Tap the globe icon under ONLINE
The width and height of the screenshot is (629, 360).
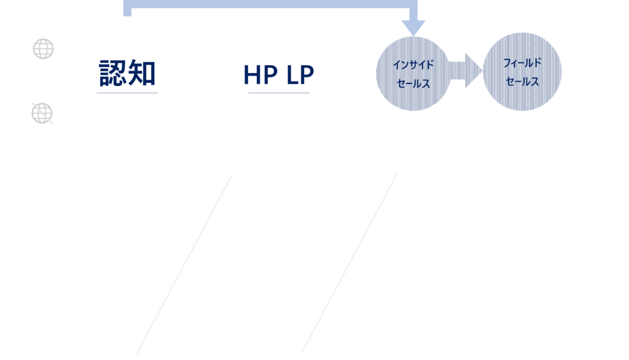click(x=43, y=49)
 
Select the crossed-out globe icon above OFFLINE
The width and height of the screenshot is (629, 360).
click(x=42, y=112)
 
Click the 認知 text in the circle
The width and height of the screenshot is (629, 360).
click(x=128, y=73)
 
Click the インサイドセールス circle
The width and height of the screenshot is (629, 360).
click(x=413, y=74)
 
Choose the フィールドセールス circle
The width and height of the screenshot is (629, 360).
click(x=522, y=72)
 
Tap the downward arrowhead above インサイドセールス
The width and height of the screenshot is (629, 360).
click(x=413, y=27)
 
